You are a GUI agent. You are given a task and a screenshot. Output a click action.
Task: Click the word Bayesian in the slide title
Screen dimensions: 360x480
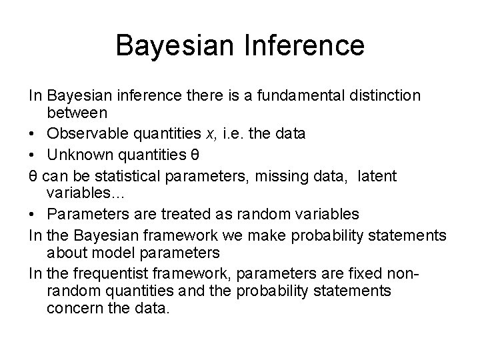[167, 45]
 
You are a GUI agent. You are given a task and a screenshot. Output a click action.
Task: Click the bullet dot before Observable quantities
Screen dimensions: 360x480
[34, 135]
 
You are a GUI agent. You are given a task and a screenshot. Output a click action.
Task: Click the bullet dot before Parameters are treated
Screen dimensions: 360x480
[34, 214]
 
